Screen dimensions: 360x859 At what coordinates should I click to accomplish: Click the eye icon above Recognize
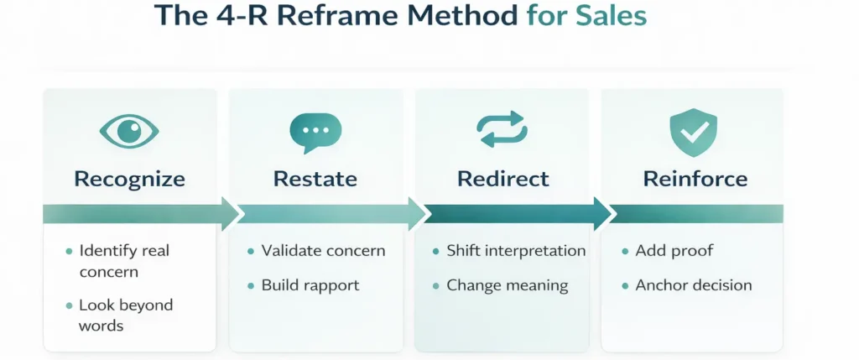point(129,131)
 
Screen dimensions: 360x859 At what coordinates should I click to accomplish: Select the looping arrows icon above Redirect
point(502,131)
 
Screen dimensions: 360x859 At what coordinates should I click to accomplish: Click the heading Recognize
point(129,179)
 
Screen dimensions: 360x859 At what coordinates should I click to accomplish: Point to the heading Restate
point(315,179)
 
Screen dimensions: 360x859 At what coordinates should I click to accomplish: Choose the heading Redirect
point(503,179)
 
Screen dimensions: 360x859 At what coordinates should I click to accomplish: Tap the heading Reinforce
point(695,179)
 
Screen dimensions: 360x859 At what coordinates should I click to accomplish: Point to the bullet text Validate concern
point(323,250)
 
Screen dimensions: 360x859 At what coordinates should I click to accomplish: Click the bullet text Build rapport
point(310,285)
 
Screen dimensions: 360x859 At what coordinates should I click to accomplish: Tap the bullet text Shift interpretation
point(516,250)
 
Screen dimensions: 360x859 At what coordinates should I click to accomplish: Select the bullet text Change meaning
point(507,285)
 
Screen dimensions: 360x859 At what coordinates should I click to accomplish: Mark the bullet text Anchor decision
point(693,285)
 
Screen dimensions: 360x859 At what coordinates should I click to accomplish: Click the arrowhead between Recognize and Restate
point(231,214)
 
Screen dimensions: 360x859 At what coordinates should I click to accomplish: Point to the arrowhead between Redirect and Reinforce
point(603,214)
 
